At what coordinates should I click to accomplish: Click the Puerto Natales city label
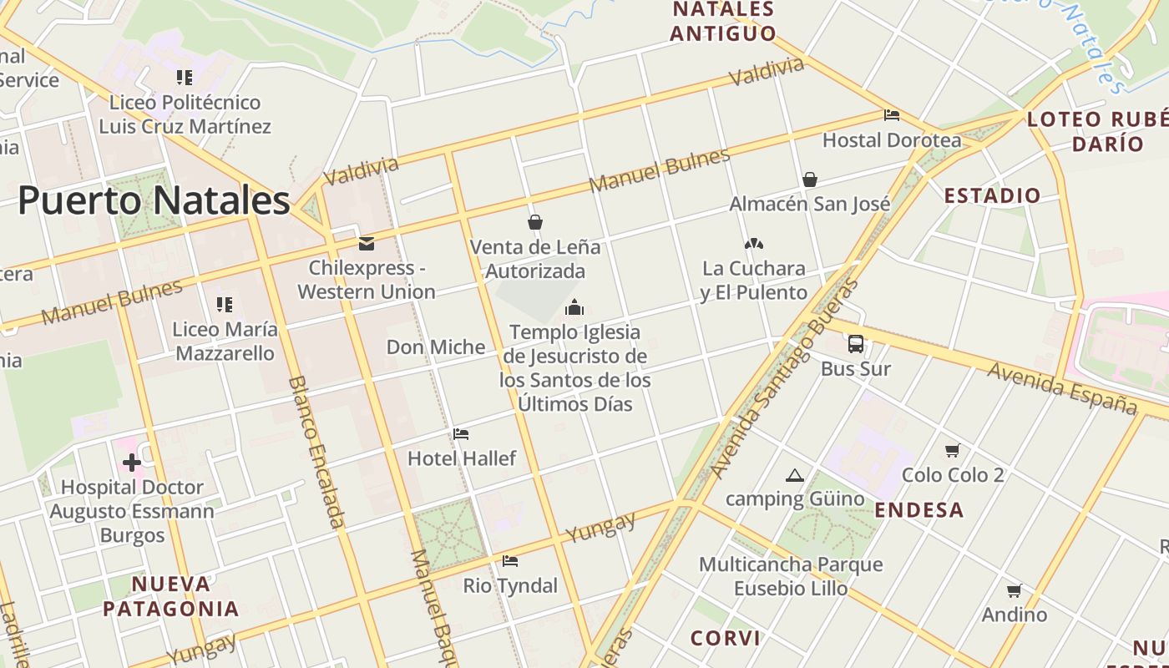pos(154,201)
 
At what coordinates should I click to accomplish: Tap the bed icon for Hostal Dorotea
pos(892,115)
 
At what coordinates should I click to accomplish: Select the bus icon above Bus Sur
pos(856,343)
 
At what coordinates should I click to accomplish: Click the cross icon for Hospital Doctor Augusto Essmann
pos(131,462)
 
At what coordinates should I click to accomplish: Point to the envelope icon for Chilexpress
pos(366,244)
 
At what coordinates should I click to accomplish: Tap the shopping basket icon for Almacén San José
pos(809,180)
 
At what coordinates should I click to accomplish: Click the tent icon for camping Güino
pos(794,476)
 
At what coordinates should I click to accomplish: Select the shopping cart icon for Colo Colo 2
pos(952,451)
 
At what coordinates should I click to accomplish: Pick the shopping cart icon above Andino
pos(1014,591)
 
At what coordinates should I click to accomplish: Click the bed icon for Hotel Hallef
pos(461,434)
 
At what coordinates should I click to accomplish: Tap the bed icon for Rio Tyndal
pos(510,561)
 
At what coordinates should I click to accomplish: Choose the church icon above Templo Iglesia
pos(574,307)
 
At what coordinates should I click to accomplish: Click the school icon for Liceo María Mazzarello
pos(224,305)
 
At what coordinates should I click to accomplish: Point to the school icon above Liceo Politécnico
pos(185,78)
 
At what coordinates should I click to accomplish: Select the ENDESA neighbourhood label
pos(919,510)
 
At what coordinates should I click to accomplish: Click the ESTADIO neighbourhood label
pos(993,196)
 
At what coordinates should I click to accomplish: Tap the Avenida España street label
pos(1062,387)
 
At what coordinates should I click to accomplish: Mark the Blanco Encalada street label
pos(316,452)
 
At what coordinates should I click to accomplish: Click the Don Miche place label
pos(436,347)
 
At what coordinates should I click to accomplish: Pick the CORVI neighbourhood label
pos(726,639)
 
